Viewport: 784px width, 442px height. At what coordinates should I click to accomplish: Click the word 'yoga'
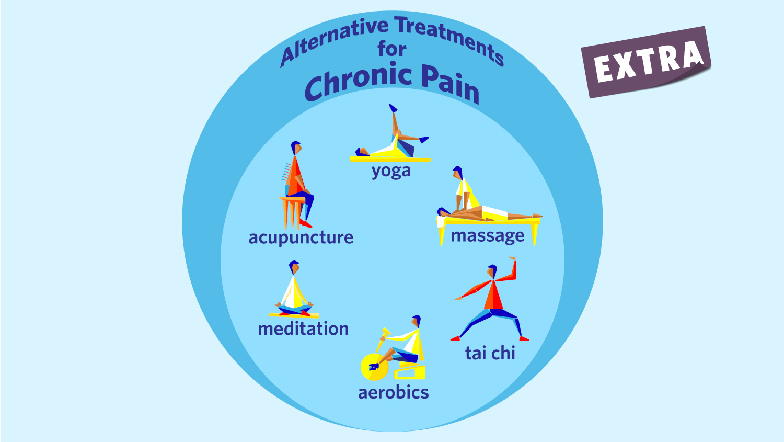(391, 171)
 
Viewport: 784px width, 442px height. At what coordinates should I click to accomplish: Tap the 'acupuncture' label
(301, 237)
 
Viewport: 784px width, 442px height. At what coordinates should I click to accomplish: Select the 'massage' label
(488, 236)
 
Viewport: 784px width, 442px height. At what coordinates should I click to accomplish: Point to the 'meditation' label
(303, 329)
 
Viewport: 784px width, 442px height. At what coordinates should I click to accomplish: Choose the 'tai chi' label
(490, 353)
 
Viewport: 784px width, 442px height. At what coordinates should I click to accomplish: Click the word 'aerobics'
(393, 392)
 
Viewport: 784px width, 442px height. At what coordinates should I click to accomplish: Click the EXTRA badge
(647, 62)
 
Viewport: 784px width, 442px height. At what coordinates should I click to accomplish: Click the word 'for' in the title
(392, 49)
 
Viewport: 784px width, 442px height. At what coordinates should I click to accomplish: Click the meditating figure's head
(295, 267)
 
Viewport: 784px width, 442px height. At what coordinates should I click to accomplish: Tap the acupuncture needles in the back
(285, 173)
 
